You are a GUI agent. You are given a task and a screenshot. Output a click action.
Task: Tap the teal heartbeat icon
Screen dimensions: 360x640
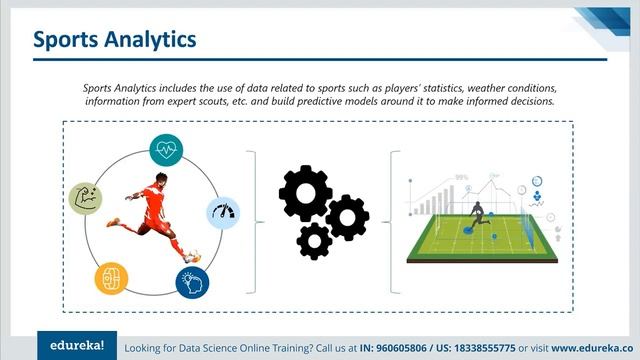coord(166,150)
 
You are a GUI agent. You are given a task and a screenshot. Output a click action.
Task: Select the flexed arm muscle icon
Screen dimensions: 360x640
coord(87,199)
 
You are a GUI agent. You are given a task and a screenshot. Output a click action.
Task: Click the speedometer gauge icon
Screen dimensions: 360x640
coord(224,213)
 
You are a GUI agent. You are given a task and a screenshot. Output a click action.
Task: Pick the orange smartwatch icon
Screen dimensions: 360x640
coord(111,277)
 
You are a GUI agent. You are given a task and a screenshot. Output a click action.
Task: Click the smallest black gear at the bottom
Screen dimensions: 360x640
coord(316,241)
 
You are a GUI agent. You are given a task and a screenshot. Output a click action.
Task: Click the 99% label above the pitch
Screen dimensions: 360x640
coord(461,177)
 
